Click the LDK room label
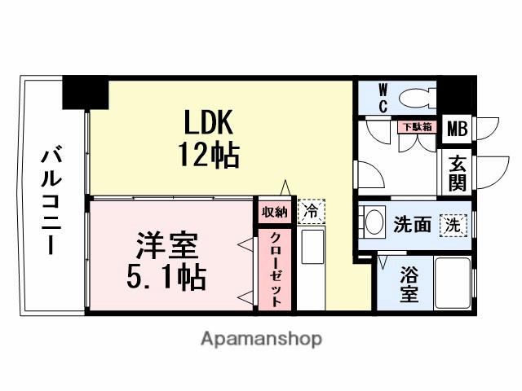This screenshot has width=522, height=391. pos(208,123)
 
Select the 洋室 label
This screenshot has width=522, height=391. pos(166,245)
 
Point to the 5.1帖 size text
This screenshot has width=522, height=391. pos(166,277)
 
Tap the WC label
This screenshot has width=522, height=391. pos(383,98)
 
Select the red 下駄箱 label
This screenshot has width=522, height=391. pos(416,126)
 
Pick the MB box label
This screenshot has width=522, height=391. pos(458,128)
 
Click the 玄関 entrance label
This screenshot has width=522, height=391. pos(455,172)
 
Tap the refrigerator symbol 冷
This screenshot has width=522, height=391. pos(310,211)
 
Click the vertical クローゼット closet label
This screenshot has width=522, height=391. pos(275,268)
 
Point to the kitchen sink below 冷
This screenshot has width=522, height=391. pos(312,247)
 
